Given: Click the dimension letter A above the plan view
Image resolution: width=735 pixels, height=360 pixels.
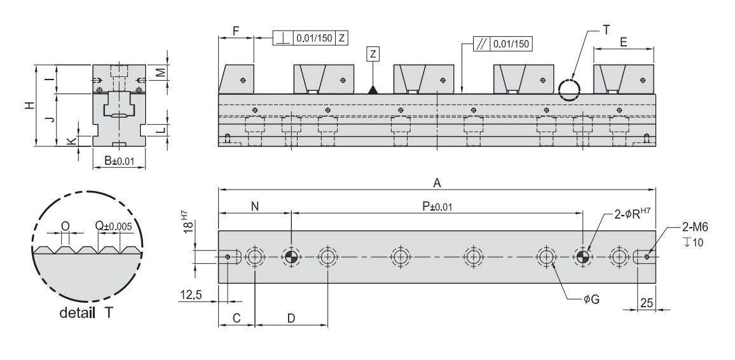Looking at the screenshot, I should [x=437, y=183].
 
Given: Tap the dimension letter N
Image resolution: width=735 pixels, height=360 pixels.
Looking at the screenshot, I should [x=254, y=207].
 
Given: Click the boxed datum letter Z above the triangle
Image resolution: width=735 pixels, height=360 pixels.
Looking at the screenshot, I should [x=373, y=54].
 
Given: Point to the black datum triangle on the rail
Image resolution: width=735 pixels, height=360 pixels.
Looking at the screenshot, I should [x=373, y=89].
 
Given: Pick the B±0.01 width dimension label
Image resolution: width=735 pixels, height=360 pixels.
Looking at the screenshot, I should [x=119, y=163].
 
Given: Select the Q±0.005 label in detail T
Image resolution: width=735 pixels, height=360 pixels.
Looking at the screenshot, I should [x=113, y=225].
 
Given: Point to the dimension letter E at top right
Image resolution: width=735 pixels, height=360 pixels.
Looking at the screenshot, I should [x=624, y=41].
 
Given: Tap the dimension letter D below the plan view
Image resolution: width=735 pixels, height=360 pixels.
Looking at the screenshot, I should [x=291, y=318].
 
